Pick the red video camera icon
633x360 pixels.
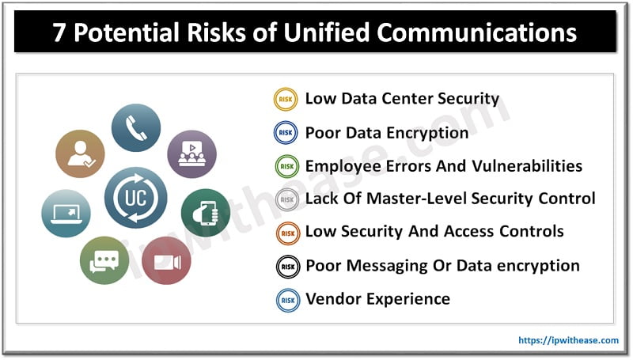tap(166, 260)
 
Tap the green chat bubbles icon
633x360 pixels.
tap(104, 260)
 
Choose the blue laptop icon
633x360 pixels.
tap(66, 213)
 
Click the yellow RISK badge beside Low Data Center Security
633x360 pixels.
tap(286, 99)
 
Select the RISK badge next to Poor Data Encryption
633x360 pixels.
tap(286, 133)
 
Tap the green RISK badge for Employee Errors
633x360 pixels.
tap(286, 166)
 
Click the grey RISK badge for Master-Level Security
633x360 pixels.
tap(286, 199)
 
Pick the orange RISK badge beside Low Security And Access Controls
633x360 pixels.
tap(286, 233)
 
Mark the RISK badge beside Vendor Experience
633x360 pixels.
tap(286, 300)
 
